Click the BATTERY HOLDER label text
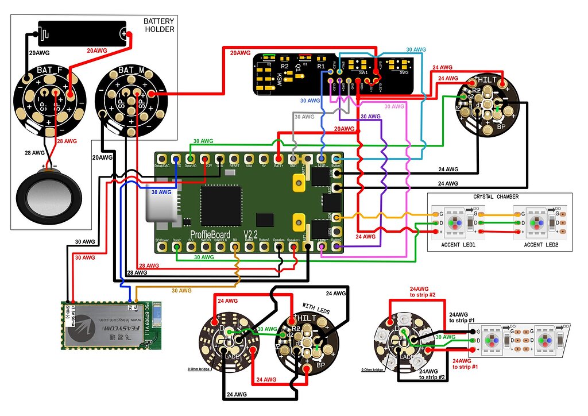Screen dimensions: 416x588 pyautogui.click(x=158, y=25)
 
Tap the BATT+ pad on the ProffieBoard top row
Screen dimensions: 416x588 pyautogui.click(x=278, y=158)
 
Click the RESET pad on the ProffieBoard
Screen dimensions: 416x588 pyautogui.click(x=234, y=158)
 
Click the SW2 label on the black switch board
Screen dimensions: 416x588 pyautogui.click(x=404, y=73)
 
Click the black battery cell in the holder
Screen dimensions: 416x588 pyautogui.click(x=82, y=34)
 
